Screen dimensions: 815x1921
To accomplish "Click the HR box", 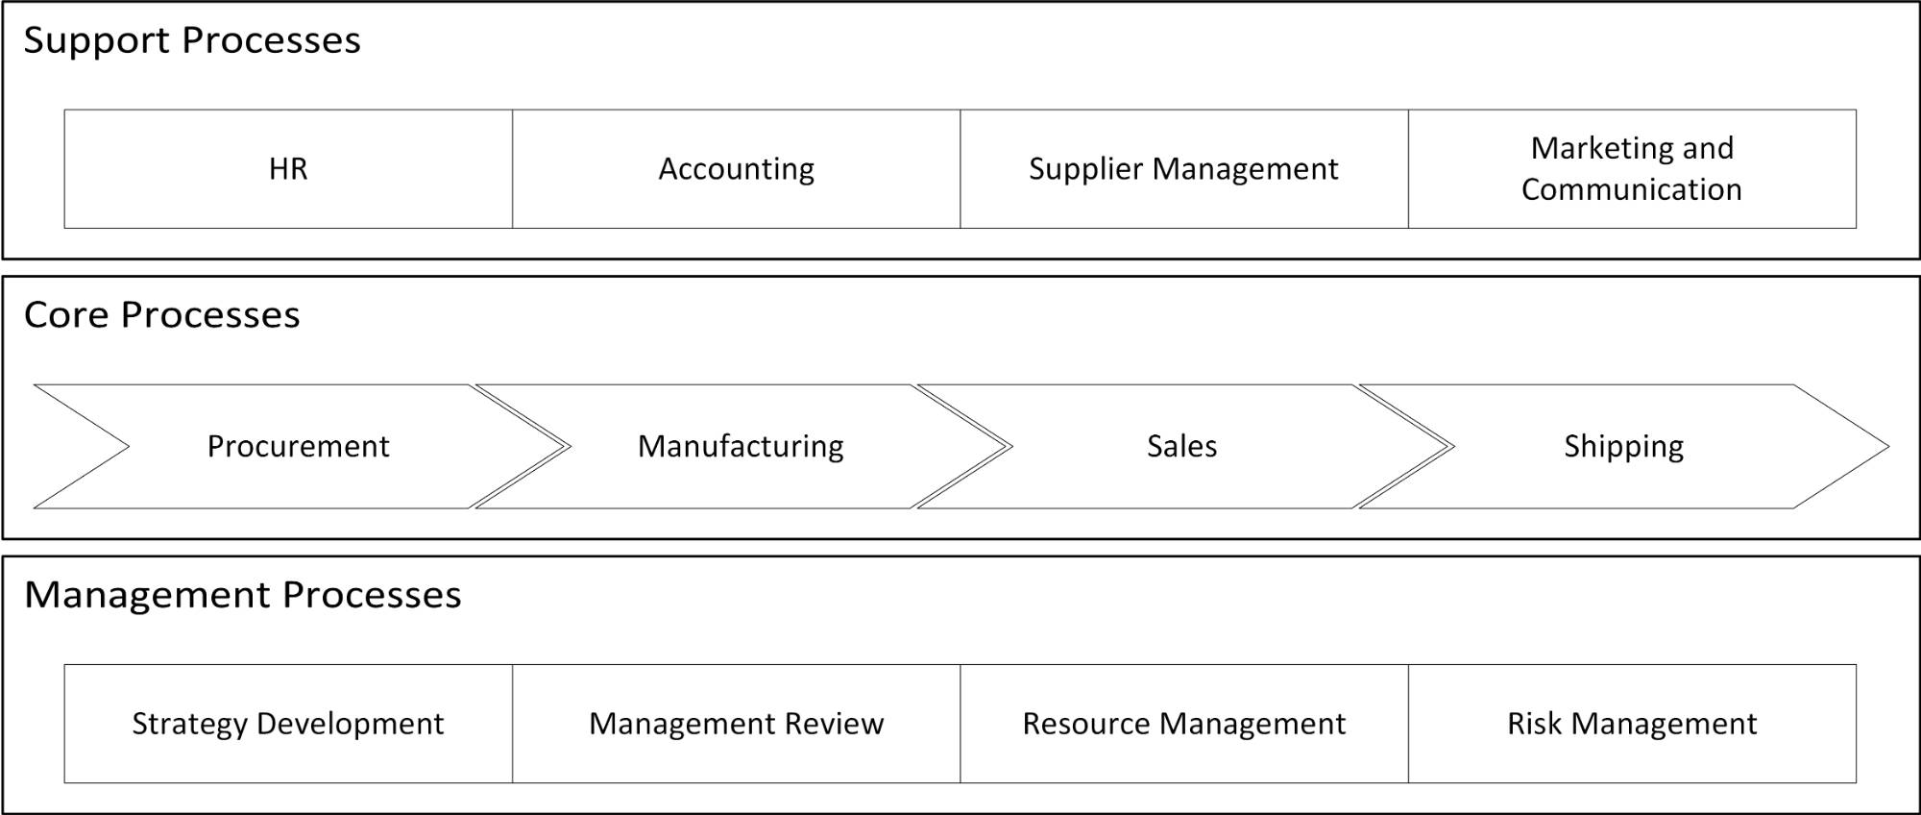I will point(288,169).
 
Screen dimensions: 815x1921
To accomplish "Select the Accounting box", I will point(736,169).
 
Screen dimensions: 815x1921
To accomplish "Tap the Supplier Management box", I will point(1183,169).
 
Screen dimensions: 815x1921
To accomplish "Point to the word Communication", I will point(1631,189).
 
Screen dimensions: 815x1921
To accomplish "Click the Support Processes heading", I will point(192,40).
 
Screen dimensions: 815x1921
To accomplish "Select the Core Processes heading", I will point(161,315).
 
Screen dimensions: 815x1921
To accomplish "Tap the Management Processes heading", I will point(242,595).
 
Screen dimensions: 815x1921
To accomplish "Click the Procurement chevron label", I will point(298,446).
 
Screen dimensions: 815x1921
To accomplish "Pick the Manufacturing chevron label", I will point(741,446).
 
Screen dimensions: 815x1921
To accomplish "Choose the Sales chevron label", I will point(1181,446).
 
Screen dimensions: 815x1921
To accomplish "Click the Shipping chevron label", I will point(1623,446).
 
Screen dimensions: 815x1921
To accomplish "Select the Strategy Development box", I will point(288,724).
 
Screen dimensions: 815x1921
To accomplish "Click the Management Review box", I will point(736,724).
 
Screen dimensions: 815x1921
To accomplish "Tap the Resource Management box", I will point(1183,724).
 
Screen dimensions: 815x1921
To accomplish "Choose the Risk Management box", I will point(1631,724).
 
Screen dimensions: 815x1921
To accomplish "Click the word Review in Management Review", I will point(834,724).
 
